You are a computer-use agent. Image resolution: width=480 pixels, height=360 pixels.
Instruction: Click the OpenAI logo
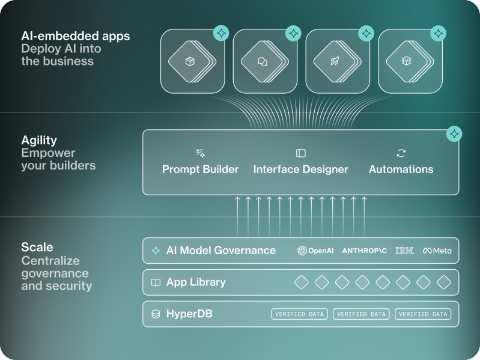coord(315,251)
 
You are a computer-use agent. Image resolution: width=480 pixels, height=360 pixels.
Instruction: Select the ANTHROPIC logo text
coord(364,251)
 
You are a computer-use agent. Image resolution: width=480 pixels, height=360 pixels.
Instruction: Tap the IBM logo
coord(404,251)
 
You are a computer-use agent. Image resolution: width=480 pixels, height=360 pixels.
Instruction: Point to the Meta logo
coord(437,251)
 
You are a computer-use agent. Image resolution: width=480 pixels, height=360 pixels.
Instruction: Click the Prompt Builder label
coord(200,169)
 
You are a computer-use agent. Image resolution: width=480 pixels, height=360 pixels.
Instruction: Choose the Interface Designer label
coord(300,169)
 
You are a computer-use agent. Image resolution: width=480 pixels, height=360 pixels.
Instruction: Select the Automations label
coord(401,169)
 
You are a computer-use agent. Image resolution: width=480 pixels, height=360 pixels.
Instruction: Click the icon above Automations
coord(401,153)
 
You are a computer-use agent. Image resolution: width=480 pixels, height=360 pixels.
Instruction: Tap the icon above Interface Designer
coord(300,153)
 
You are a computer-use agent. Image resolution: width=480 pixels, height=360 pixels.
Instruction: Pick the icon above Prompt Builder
coord(200,153)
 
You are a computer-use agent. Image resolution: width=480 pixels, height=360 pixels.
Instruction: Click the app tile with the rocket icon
coord(334,61)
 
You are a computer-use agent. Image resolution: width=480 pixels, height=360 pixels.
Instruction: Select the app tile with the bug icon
coord(407,61)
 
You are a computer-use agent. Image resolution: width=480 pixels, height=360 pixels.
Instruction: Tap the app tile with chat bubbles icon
coord(262,61)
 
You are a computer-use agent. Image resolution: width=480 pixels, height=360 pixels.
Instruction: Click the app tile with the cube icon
coord(190,61)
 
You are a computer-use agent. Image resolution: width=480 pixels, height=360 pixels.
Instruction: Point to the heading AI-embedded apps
coord(75,36)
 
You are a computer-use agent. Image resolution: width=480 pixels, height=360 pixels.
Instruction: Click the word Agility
coord(39,140)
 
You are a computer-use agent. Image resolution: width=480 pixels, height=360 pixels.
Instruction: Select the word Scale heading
coord(37,247)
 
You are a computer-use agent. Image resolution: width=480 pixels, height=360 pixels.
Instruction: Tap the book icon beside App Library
coord(156,282)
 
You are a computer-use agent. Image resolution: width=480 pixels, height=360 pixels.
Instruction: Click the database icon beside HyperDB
coord(156,314)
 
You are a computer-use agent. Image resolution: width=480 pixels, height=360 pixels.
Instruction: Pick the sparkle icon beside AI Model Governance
coord(156,251)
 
